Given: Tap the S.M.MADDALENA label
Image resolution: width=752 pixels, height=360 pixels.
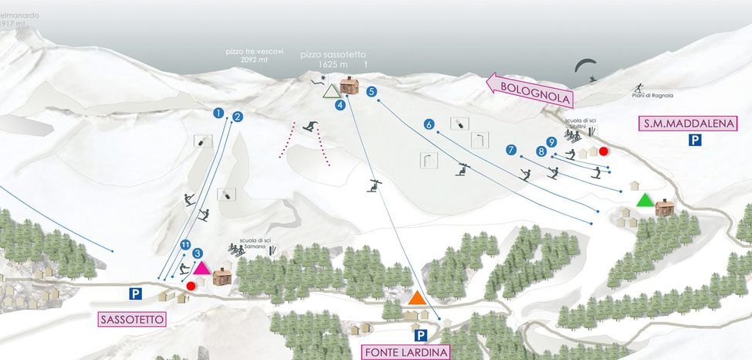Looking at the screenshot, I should coord(688,123).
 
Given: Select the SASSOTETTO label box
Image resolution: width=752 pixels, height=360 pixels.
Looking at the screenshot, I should coord(132,319).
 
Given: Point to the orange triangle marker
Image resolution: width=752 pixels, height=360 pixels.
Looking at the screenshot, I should coord(418,297).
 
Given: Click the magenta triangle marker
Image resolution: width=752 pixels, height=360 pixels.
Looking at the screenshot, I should coord(202,269).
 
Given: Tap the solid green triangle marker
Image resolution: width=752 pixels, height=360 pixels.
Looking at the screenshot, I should coord(644,200).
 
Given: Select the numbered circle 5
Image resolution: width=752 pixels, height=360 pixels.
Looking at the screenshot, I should coord(372,92).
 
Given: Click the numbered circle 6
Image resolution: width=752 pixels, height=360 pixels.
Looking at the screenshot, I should coord(429,124).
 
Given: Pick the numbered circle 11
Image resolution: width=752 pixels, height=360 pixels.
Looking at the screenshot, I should coord(185,245).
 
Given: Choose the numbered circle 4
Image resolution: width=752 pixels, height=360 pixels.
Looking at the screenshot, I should coord(340,105).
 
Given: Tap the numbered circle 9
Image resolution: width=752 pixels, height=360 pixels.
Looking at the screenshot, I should coord(551,141).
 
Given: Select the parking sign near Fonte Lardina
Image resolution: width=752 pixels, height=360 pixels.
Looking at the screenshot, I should coord(421,335).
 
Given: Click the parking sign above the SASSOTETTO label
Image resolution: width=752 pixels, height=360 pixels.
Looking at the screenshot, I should coord(135,294).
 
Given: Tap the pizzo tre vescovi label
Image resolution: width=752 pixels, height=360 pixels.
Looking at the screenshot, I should coord(255,55).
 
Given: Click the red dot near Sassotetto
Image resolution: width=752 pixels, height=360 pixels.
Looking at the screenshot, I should coord(191,286).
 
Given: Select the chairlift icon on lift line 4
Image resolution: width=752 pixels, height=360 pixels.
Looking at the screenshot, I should coord(374,184).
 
